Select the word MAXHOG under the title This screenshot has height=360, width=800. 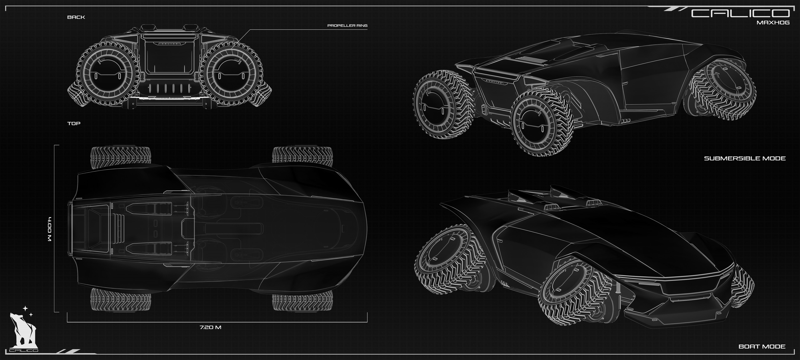[x=773, y=23]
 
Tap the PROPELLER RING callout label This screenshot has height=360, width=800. [x=347, y=25]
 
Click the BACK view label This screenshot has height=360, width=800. [x=76, y=17]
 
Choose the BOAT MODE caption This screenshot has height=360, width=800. [x=762, y=346]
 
